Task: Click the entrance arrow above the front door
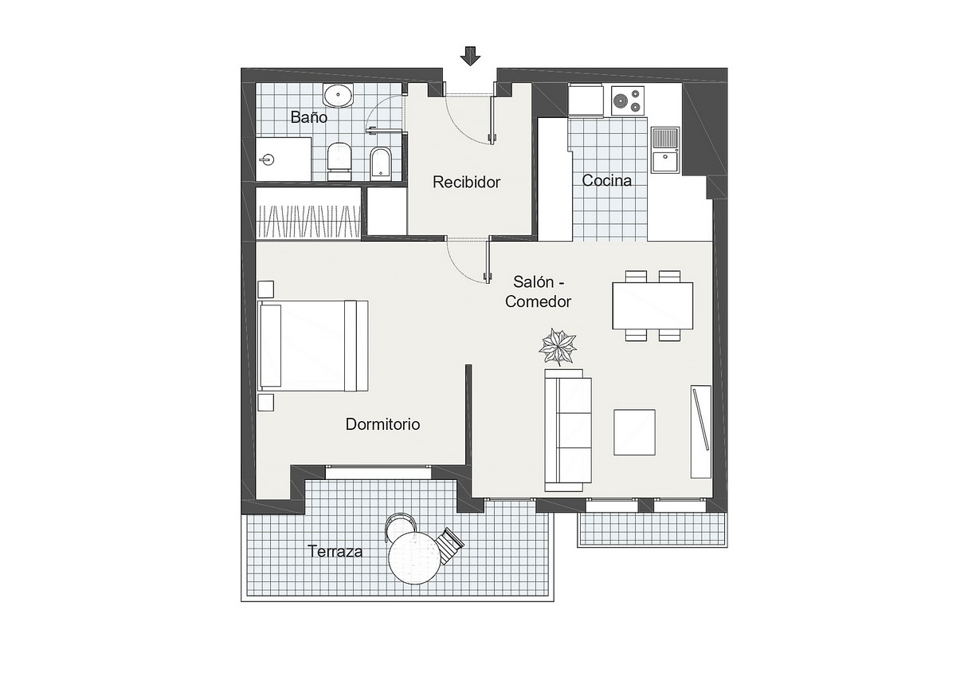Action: point(470,57)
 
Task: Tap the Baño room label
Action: point(308,116)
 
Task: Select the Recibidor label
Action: point(466,182)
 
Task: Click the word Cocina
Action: point(606,180)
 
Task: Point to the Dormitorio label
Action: point(382,424)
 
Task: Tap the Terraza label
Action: point(335,552)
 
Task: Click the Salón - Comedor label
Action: point(539,292)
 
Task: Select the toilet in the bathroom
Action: point(339,162)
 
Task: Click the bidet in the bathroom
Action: point(380,163)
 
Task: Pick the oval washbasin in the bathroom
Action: point(338,95)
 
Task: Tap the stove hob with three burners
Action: point(628,100)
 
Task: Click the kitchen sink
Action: point(665,149)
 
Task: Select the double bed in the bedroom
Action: point(313,346)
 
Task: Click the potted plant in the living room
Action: point(558,347)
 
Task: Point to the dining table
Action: point(652,306)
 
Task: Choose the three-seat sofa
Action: point(568,430)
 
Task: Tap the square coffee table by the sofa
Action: point(634,432)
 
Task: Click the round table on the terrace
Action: point(414,557)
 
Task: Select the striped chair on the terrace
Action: point(449,545)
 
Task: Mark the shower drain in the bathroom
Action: point(268,160)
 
